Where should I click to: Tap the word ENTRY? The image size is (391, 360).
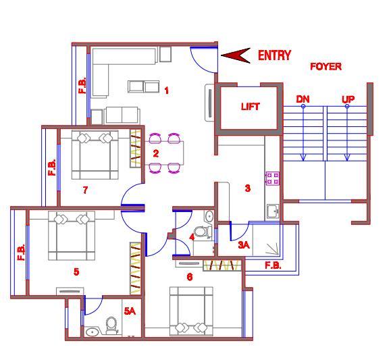[274, 55]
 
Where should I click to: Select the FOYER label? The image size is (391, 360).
[325, 67]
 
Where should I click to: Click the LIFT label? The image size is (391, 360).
[250, 107]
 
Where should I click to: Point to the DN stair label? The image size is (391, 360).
[303, 99]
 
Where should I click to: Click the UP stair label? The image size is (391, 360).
[348, 99]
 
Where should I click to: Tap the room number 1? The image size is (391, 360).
[166, 91]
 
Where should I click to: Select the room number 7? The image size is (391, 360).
[85, 190]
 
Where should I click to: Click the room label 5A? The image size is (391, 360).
[130, 311]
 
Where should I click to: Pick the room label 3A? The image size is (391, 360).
[244, 245]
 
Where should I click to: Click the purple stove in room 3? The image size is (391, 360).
[272, 178]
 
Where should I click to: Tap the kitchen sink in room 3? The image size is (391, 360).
[273, 211]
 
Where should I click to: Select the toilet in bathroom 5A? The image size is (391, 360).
[111, 326]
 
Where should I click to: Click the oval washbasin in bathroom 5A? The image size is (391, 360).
[93, 332]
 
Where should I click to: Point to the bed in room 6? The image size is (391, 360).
[191, 311]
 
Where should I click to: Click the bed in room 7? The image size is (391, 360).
[95, 155]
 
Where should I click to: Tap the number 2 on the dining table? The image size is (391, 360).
[155, 153]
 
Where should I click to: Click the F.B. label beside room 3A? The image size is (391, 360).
[273, 265]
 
